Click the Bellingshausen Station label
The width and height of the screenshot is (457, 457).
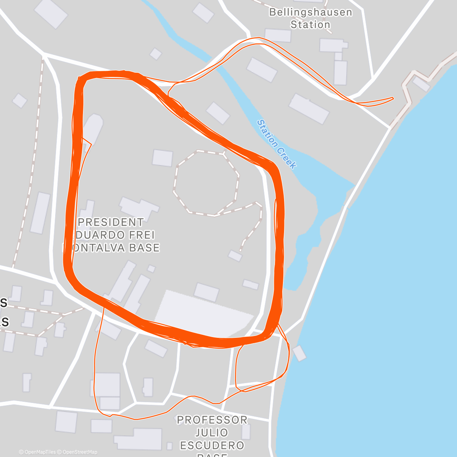coord(310,18)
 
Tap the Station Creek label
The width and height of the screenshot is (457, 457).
coord(276,144)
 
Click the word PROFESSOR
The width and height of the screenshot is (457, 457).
coord(212,420)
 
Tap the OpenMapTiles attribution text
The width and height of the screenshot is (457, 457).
coord(37,452)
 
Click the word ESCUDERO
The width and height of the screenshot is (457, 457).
coord(212,445)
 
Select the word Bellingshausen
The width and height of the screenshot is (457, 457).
coord(310,12)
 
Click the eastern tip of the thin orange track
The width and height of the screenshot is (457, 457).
coord(393,98)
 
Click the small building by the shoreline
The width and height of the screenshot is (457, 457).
coord(299,353)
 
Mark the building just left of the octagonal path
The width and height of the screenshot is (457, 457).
coord(163,158)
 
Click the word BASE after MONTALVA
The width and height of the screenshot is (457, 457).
coord(143,248)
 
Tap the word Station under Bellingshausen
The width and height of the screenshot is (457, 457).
coord(310,25)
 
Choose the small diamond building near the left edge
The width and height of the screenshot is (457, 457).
coord(20,101)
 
